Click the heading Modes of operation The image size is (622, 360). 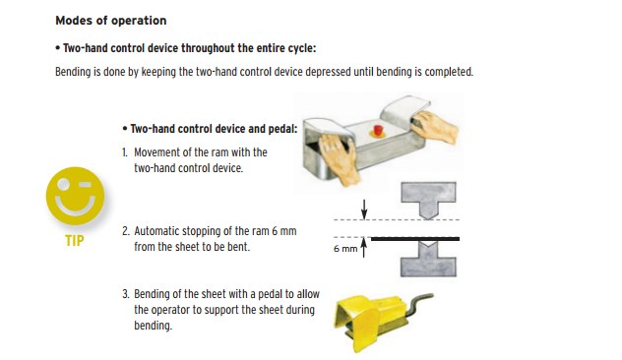[x=110, y=21]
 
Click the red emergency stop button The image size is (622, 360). [x=378, y=130]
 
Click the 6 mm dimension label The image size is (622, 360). [x=345, y=249]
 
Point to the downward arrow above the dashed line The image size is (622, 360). [x=364, y=210]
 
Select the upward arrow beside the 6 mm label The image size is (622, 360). [x=364, y=248]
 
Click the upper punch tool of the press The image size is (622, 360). [x=428, y=200]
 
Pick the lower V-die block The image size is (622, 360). [x=428, y=259]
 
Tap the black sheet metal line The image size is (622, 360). [x=415, y=239]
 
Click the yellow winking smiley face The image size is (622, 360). [x=75, y=197]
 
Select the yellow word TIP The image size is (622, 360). [x=75, y=241]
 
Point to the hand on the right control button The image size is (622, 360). [x=434, y=126]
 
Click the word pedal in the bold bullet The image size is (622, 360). [x=281, y=129]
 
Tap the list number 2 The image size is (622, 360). [x=126, y=231]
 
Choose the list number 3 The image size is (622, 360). [x=126, y=294]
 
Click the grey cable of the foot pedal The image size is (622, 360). [x=420, y=302]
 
